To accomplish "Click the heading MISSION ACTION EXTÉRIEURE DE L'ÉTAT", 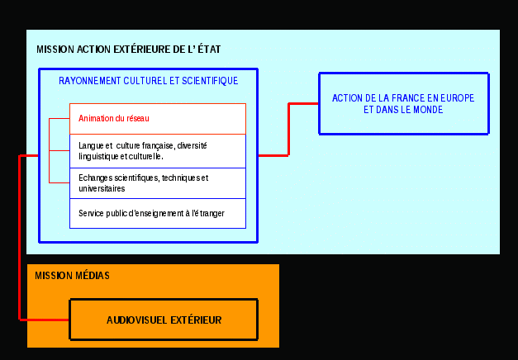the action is (129, 50).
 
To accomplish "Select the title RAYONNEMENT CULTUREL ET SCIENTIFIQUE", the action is (149, 81).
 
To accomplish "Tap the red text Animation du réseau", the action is (114, 118).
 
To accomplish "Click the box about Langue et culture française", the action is (158, 151).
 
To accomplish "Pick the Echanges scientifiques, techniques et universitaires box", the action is (158, 183).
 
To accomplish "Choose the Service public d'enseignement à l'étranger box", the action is (158, 213).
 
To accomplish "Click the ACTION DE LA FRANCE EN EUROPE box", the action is (404, 104).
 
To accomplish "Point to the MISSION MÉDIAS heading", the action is (73, 276).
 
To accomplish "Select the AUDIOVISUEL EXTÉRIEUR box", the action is (164, 320).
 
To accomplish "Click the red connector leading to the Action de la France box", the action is (288, 130).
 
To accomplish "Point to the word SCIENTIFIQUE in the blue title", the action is (210, 81).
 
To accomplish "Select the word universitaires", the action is (102, 188).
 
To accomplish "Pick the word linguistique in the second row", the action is (98, 157).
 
